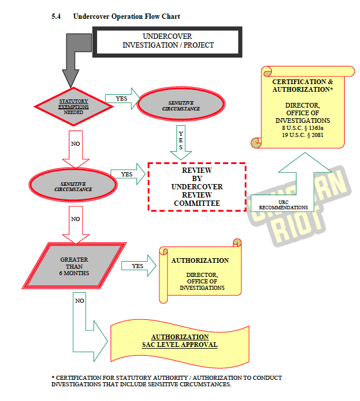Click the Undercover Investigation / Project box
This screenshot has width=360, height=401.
coord(168,41)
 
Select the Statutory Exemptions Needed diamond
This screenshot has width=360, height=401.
coord(74,106)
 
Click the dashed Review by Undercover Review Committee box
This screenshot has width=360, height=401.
coord(196,186)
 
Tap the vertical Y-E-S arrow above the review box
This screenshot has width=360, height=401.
coord(181,142)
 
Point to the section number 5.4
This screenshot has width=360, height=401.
coord(56,16)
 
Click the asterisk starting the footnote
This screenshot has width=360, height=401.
coord(53,378)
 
